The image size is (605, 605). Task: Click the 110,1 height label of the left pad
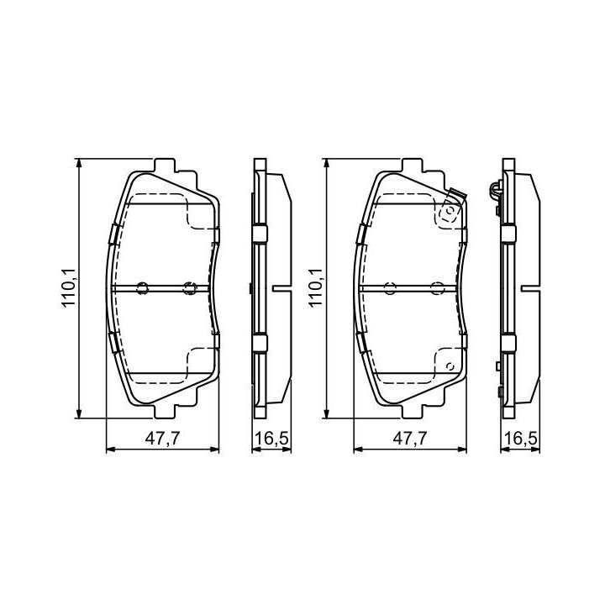(x=71, y=288)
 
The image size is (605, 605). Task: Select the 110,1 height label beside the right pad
(x=316, y=288)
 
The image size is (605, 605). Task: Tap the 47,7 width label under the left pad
(x=162, y=439)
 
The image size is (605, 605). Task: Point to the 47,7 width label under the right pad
(x=410, y=439)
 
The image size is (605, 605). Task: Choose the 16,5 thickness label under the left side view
(x=271, y=439)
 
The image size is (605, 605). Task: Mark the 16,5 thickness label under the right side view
(x=520, y=439)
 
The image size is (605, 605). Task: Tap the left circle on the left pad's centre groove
(x=142, y=288)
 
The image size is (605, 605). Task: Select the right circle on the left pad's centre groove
(x=190, y=288)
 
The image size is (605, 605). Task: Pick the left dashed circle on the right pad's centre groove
(x=390, y=288)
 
